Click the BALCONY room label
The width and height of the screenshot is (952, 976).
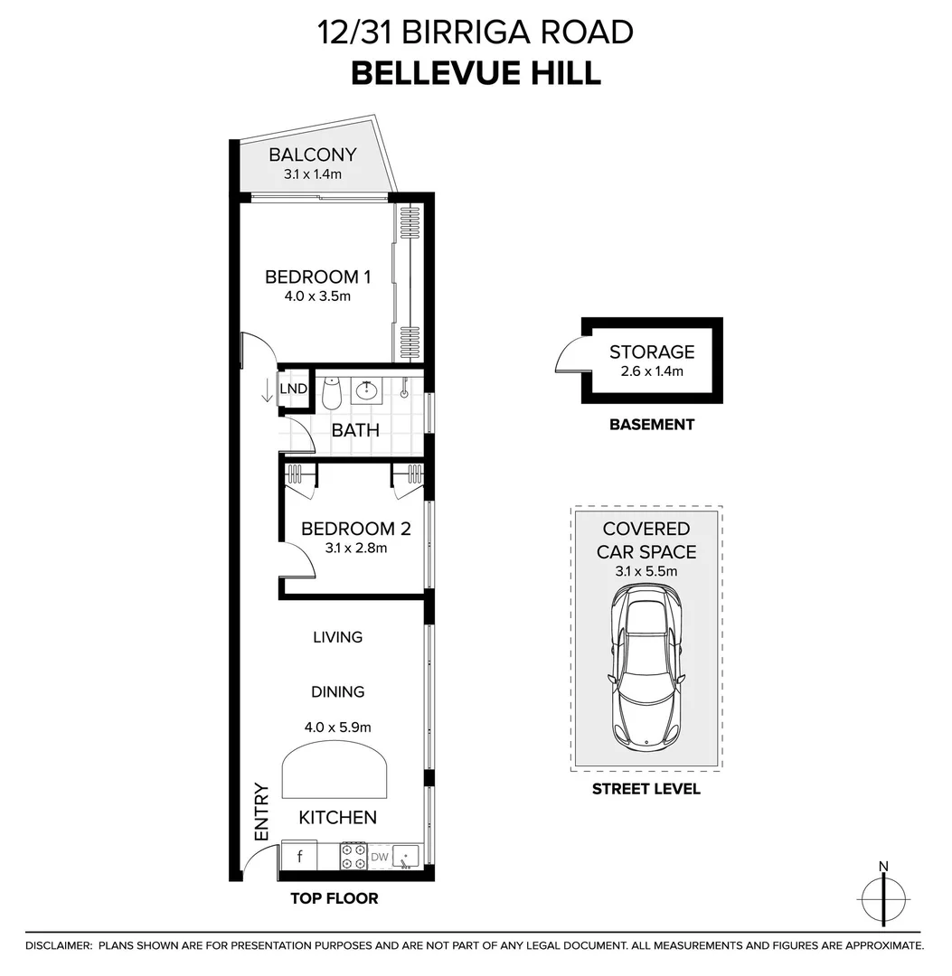[x=312, y=155]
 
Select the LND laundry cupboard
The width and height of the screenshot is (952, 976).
[x=293, y=389]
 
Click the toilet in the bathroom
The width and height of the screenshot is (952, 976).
[x=331, y=391]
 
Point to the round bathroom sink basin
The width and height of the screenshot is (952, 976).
[x=368, y=390]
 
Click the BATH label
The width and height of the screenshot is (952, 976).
[x=355, y=430]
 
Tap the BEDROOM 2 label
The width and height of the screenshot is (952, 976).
[x=355, y=529]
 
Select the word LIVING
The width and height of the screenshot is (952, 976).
[x=337, y=637]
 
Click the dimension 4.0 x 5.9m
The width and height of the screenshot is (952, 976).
[x=337, y=726]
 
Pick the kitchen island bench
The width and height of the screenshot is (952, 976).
[x=336, y=774]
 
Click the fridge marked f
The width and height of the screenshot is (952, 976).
[x=299, y=855]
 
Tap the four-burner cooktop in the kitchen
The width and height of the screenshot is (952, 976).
[x=353, y=856]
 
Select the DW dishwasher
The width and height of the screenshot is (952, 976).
[x=379, y=856]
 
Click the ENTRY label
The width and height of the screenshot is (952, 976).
[x=262, y=812]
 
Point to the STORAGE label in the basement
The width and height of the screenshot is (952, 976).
[x=651, y=352]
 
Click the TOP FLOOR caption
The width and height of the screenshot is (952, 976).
[x=334, y=898]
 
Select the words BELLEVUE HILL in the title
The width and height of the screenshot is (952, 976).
[x=476, y=72]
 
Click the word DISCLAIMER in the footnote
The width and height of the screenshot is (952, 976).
[x=59, y=945]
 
